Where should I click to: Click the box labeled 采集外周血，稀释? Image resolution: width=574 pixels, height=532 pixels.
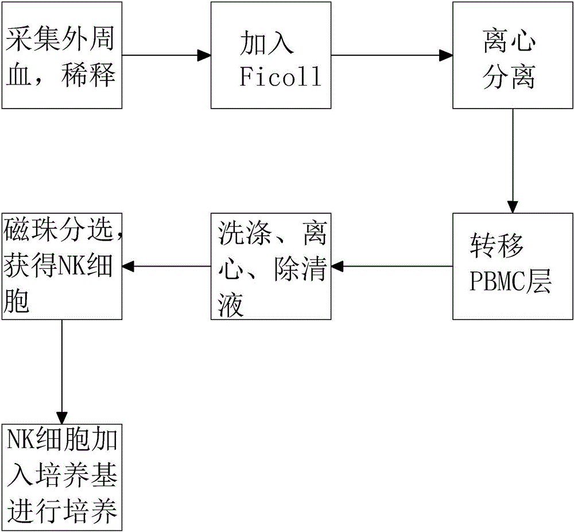coord(62,55)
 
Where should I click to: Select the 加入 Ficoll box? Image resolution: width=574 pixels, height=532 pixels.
coord(271,55)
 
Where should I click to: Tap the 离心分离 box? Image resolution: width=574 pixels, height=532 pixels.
coord(513,55)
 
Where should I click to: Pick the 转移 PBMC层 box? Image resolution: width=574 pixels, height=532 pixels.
coord(513,266)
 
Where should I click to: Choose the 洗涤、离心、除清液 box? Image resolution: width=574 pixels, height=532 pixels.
coord(271,266)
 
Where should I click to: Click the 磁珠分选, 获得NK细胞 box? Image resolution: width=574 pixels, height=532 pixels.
coord(62,266)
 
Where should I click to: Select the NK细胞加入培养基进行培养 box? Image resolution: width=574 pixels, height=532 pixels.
coord(62,477)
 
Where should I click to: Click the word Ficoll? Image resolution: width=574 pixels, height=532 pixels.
coord(280,78)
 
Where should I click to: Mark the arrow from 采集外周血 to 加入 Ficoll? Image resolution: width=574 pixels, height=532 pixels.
coord(166,56)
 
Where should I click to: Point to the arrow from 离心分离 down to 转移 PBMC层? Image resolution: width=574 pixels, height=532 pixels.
coord(513,161)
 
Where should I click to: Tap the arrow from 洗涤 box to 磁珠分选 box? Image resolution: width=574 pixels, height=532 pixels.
coord(166,266)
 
